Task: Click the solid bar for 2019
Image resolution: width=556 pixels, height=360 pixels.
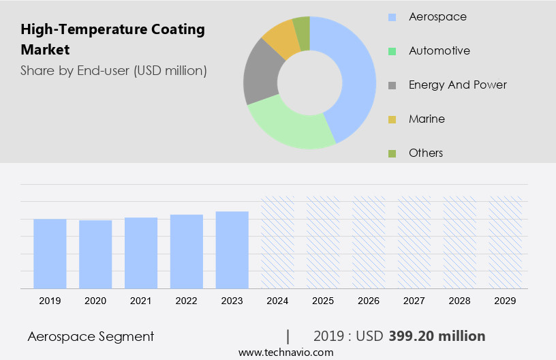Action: coord(50,253)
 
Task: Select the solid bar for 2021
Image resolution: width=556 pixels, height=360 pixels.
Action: coord(141,252)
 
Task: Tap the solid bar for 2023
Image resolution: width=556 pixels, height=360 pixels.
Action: coord(232,250)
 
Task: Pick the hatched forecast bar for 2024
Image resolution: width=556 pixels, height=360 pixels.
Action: coord(278,242)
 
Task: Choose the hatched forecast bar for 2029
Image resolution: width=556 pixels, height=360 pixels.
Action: coord(506,242)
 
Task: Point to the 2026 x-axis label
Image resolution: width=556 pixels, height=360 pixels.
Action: coord(369,300)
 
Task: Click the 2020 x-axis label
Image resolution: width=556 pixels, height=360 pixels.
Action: coord(95,300)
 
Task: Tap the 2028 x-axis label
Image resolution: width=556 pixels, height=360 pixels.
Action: coord(460,300)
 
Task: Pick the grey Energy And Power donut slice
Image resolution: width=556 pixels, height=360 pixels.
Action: coord(260,76)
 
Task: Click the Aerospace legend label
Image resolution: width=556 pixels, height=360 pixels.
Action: coord(437,16)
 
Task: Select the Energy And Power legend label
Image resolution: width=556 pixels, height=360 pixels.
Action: coord(457,85)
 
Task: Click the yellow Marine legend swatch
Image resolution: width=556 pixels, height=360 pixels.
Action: coord(392,119)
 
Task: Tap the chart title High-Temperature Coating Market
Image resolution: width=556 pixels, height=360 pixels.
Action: coord(112,40)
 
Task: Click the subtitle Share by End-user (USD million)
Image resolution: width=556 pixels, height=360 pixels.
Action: coord(114,70)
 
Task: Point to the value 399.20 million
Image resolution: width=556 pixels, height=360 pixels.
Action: coord(437,336)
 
